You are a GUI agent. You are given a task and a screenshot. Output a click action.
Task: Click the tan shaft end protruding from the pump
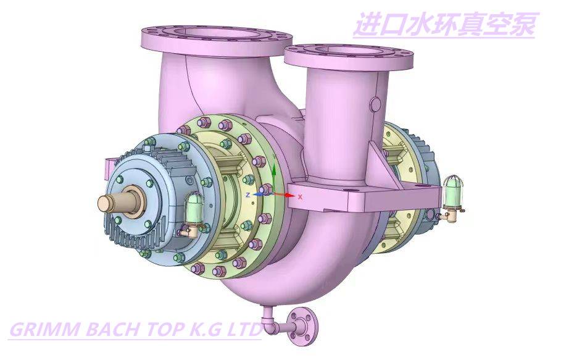(x=113, y=202)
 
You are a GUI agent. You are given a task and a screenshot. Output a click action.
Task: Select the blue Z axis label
(x=248, y=195)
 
